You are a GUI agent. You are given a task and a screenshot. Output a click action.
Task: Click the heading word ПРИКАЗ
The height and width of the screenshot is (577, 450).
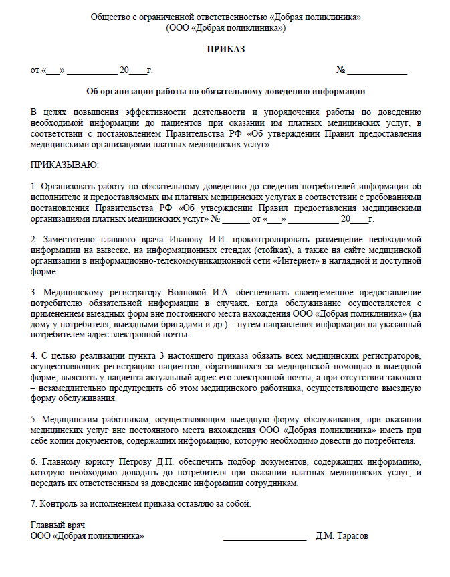pos(226,49)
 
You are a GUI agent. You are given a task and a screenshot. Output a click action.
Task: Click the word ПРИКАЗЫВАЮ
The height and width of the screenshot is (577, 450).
pos(64,164)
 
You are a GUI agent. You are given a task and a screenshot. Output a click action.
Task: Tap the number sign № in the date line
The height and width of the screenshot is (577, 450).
pos(340,70)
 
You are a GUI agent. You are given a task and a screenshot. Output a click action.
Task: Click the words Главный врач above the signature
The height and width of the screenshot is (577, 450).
pos(58,525)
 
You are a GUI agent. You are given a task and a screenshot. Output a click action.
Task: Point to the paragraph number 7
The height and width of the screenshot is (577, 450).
pos(33,503)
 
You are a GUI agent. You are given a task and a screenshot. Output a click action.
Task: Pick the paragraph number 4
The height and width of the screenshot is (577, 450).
pos(33,355)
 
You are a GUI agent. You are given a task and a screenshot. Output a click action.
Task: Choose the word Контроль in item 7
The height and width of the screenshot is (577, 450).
pos(62,503)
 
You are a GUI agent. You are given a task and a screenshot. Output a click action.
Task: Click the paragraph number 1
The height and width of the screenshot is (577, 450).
pos(33,186)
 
